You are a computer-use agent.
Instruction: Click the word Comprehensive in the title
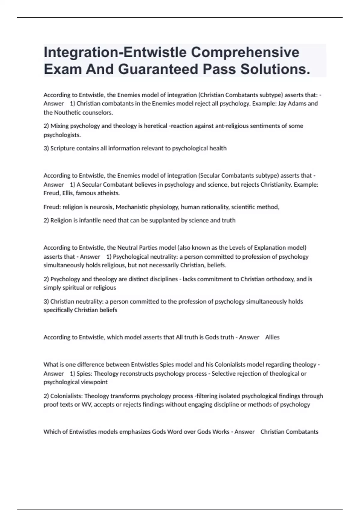point(245,52)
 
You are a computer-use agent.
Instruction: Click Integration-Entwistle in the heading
point(115,52)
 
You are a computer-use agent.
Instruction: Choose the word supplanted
point(164,220)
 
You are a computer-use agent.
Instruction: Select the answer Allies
point(272,337)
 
